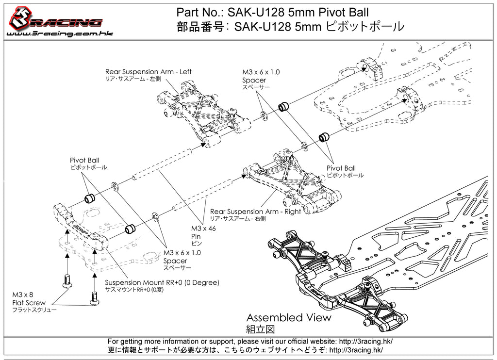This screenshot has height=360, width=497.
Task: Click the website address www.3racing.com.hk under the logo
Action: [54, 34]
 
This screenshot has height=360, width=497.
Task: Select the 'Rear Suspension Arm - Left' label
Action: [148, 72]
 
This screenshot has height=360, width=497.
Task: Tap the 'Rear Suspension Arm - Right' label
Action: [255, 212]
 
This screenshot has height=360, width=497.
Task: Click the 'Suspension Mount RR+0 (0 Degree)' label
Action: [162, 282]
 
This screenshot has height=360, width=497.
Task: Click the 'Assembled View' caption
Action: [289, 318]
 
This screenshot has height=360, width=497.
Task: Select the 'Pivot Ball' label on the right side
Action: [341, 168]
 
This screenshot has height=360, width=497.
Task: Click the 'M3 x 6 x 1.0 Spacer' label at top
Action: [261, 76]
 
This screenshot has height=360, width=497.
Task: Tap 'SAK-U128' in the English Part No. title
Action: [252, 12]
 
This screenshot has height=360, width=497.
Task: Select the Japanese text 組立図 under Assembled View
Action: [261, 329]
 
